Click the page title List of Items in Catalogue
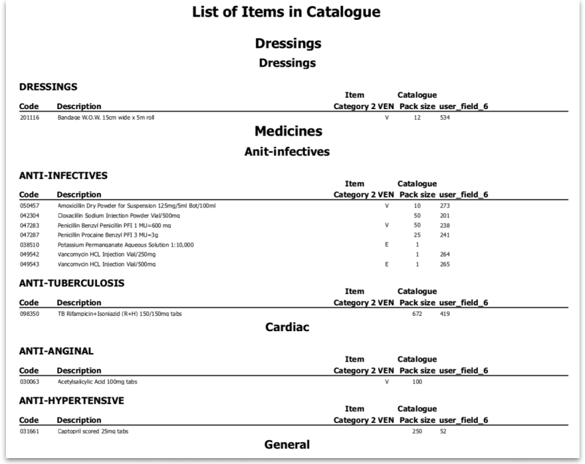tap(286, 12)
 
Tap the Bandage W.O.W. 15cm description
tap(106, 118)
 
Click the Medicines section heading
tap(288, 131)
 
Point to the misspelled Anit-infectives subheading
tap(287, 151)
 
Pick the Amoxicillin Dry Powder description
tap(137, 206)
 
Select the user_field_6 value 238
tap(444, 225)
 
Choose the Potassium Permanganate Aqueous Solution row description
tap(125, 245)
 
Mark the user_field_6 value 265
tap(444, 264)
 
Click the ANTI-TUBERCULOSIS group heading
tap(71, 283)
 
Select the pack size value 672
tap(417, 314)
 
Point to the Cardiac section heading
tap(287, 327)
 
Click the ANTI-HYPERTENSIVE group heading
tap(71, 401)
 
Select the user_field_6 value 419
tap(444, 314)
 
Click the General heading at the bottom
tap(287, 444)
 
